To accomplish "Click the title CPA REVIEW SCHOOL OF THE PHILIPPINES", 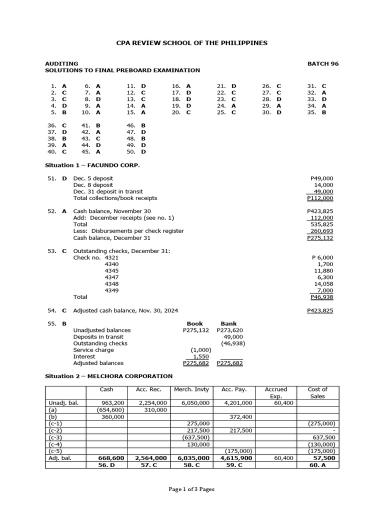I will tap(191, 43).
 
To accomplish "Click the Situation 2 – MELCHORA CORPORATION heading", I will tap(108, 376).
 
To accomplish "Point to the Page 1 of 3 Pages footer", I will tap(191, 489).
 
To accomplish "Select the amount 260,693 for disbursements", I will tap(322, 231).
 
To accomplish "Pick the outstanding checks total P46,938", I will tap(322, 297).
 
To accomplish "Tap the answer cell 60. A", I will tap(317, 465).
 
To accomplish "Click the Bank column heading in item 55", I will tap(228, 323).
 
